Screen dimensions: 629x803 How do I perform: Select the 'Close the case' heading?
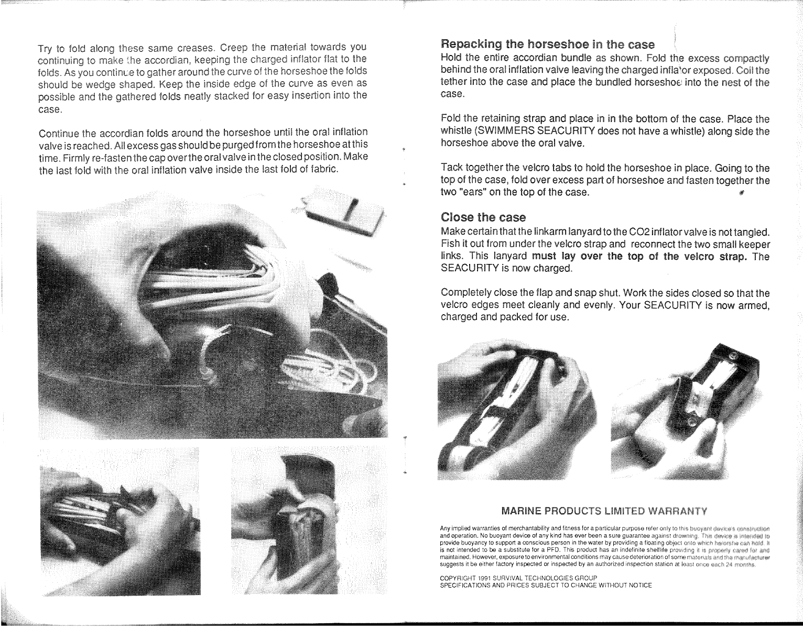point(483,217)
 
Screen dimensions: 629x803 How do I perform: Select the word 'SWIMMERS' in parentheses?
point(496,131)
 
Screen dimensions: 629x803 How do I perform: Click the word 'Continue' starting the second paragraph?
point(59,131)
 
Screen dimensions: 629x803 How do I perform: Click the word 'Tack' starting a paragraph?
point(451,168)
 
